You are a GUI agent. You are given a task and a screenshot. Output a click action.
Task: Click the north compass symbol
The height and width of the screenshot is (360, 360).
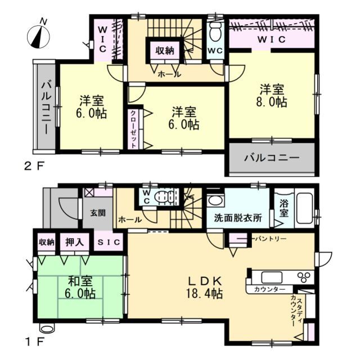click(38, 35)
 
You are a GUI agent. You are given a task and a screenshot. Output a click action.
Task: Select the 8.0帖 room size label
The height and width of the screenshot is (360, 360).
click(273, 103)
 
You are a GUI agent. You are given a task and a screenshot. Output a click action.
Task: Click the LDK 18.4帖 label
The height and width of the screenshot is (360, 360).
click(206, 287)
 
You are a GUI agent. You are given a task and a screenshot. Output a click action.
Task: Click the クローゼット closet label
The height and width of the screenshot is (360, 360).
click(133, 129)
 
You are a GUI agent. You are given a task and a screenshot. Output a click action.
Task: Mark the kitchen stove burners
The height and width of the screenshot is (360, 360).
click(304, 277)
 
